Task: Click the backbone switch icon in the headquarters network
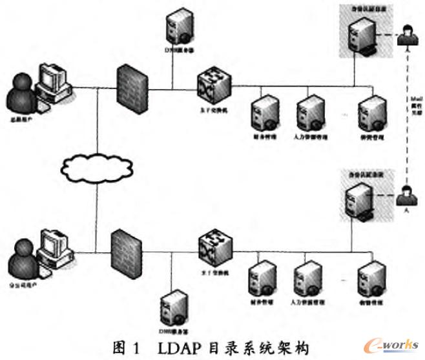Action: pos(214,83)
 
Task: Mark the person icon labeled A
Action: pos(406,194)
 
